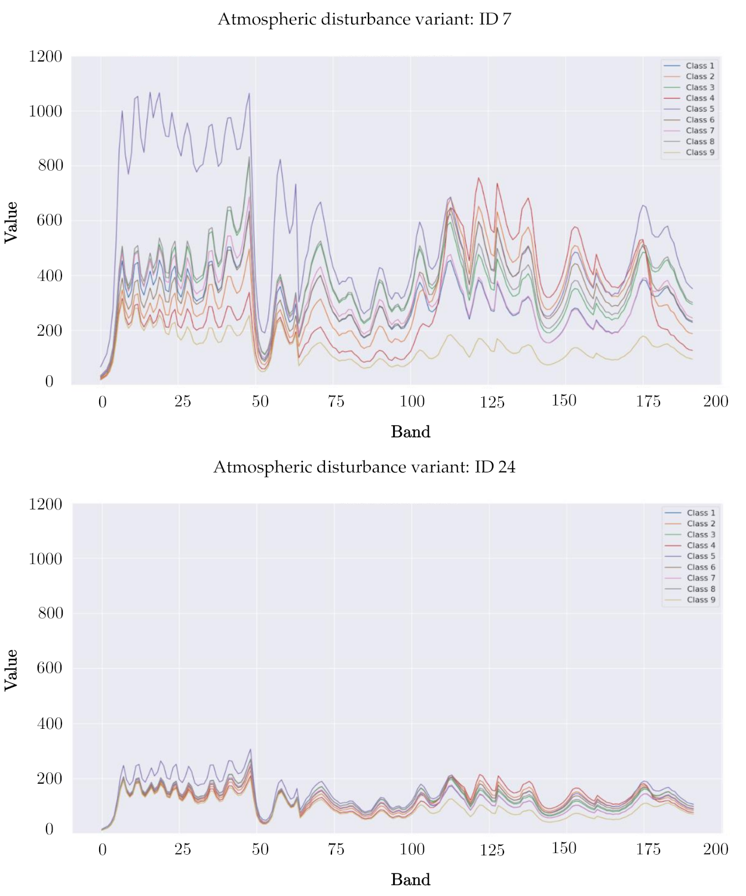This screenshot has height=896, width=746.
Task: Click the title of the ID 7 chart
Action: [364, 19]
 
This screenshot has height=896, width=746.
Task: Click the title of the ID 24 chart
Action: [364, 467]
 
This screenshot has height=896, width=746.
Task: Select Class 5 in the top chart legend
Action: [699, 109]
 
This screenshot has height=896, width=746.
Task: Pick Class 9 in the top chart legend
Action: [699, 152]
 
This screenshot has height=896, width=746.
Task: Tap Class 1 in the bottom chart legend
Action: [701, 513]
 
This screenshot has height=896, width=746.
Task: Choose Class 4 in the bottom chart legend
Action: [701, 545]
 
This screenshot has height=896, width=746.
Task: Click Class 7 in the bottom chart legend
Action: [701, 578]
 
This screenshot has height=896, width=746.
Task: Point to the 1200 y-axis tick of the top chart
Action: [45, 57]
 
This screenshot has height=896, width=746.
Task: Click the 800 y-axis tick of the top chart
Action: [50, 165]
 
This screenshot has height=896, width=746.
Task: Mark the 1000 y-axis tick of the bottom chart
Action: [45, 559]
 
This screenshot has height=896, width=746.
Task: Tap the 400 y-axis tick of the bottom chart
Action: [50, 723]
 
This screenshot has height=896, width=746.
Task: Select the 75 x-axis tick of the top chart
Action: [336, 401]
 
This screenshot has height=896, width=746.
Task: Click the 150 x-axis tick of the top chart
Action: [564, 401]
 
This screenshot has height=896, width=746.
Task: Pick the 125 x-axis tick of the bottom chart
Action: [492, 849]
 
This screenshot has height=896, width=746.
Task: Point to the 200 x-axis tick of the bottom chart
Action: [716, 849]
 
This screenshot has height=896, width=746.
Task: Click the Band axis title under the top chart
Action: [410, 432]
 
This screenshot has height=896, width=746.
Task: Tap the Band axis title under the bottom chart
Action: [410, 879]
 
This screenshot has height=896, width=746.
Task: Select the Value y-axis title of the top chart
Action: [11, 222]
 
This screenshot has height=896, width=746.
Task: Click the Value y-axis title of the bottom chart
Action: [11, 670]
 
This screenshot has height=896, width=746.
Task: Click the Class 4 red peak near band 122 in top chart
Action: [478, 178]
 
